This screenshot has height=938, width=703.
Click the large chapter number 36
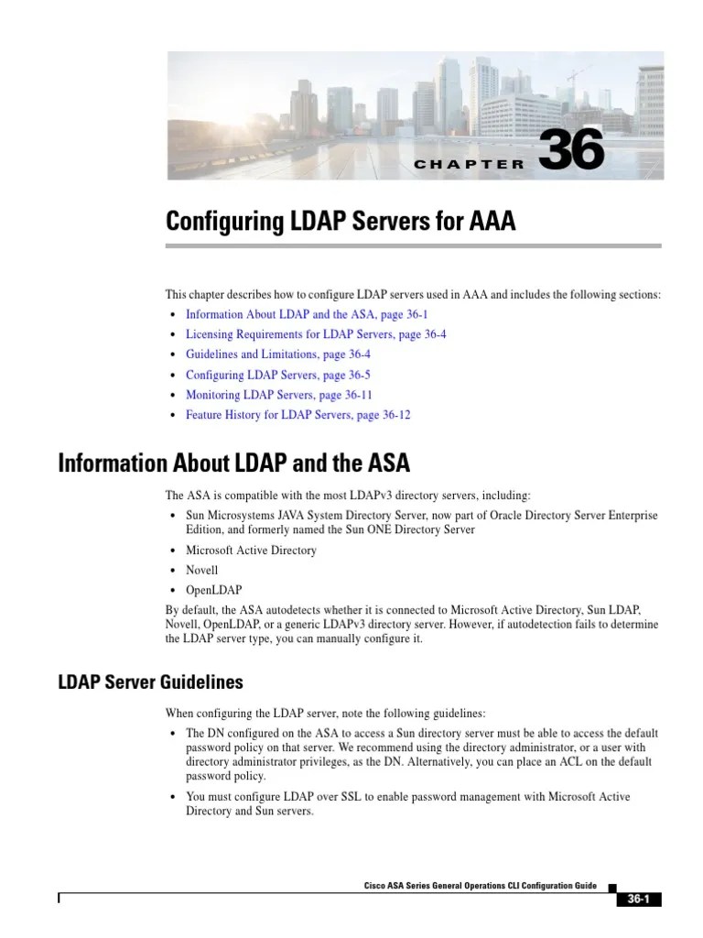click(572, 150)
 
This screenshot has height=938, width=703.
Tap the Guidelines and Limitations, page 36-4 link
click(277, 354)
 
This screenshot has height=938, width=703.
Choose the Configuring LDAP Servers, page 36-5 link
click(277, 375)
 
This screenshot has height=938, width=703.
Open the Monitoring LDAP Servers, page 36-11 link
click(279, 395)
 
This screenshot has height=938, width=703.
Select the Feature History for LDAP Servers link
click(298, 415)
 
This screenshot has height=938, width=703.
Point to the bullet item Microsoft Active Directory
click(251, 551)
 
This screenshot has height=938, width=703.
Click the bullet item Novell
click(201, 571)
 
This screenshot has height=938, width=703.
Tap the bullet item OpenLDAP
click(214, 591)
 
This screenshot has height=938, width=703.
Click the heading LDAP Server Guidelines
click(150, 682)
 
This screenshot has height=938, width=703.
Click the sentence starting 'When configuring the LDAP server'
click(326, 713)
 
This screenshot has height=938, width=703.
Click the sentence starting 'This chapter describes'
click(412, 294)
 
